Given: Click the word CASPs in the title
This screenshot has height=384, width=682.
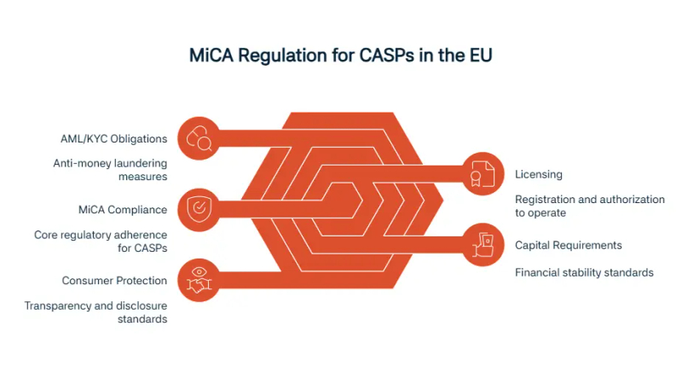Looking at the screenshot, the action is pos(386,55).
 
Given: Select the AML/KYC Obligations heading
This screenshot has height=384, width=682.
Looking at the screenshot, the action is pos(114,139).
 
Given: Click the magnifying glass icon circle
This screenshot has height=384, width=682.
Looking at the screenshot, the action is pos(199,138).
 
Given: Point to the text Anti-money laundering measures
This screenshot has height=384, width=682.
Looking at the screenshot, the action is pos(111,170).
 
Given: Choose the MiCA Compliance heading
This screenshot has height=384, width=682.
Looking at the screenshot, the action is pos(123,210).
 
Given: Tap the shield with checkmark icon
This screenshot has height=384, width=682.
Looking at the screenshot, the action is pos(199,209).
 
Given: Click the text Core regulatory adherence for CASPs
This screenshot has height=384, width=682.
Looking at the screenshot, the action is pos(101,241).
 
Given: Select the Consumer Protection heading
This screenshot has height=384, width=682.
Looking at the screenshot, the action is pos(114,281).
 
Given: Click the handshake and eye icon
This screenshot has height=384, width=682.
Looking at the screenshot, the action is pos(199,281).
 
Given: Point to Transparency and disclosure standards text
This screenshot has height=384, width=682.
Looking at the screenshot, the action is pos(95,312).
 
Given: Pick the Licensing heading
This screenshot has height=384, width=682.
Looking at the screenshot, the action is pos(539,175).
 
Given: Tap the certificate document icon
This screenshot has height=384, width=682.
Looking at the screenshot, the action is pos(483,174).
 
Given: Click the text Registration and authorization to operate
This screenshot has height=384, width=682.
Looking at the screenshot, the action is pos(590,206).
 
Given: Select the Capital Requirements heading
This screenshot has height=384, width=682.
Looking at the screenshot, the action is pos(569,246).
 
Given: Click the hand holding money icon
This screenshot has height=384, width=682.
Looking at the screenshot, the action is pos(483,245).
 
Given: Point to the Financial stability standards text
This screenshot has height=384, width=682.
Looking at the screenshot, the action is pos(584,272).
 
